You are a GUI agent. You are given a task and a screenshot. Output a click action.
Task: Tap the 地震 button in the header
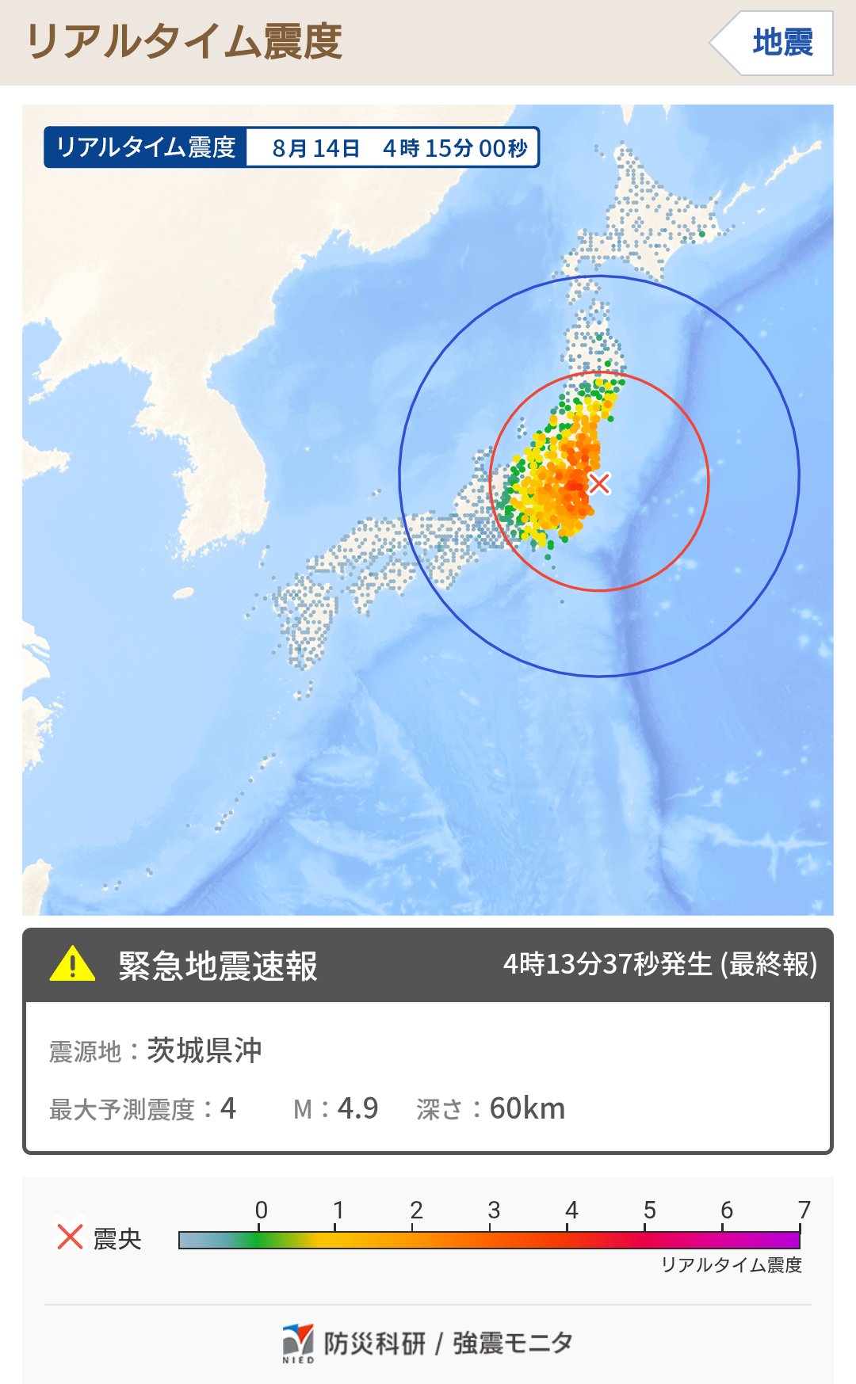781,43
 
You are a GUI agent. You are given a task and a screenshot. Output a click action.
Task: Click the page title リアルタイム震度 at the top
184,42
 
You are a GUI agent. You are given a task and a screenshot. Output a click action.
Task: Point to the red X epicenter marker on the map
600,482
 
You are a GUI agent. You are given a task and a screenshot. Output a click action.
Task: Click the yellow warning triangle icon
72,964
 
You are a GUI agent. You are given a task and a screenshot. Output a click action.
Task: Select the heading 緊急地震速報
218,966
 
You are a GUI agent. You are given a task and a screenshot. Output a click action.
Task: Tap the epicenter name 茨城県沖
204,1050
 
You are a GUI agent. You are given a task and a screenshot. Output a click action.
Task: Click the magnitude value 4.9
357,1108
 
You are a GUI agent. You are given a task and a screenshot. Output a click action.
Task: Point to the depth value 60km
527,1108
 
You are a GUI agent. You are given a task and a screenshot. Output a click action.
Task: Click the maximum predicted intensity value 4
228,1108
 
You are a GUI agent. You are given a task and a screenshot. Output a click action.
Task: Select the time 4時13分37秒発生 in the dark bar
608,964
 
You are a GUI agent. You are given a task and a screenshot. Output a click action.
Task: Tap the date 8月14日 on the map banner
315,148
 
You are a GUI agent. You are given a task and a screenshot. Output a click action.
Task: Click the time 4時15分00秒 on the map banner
455,148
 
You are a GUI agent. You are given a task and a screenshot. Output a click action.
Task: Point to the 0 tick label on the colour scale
261,1210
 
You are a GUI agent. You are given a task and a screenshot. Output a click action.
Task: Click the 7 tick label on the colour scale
804,1210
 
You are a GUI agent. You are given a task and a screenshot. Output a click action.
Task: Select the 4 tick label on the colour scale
571,1210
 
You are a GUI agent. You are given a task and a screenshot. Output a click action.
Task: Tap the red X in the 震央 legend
70,1236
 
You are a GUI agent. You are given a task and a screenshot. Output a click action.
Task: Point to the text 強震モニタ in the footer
513,1343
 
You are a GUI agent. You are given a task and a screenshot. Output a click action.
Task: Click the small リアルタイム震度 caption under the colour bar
732,1265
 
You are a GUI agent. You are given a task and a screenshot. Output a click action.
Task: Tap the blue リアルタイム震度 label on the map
146,147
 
